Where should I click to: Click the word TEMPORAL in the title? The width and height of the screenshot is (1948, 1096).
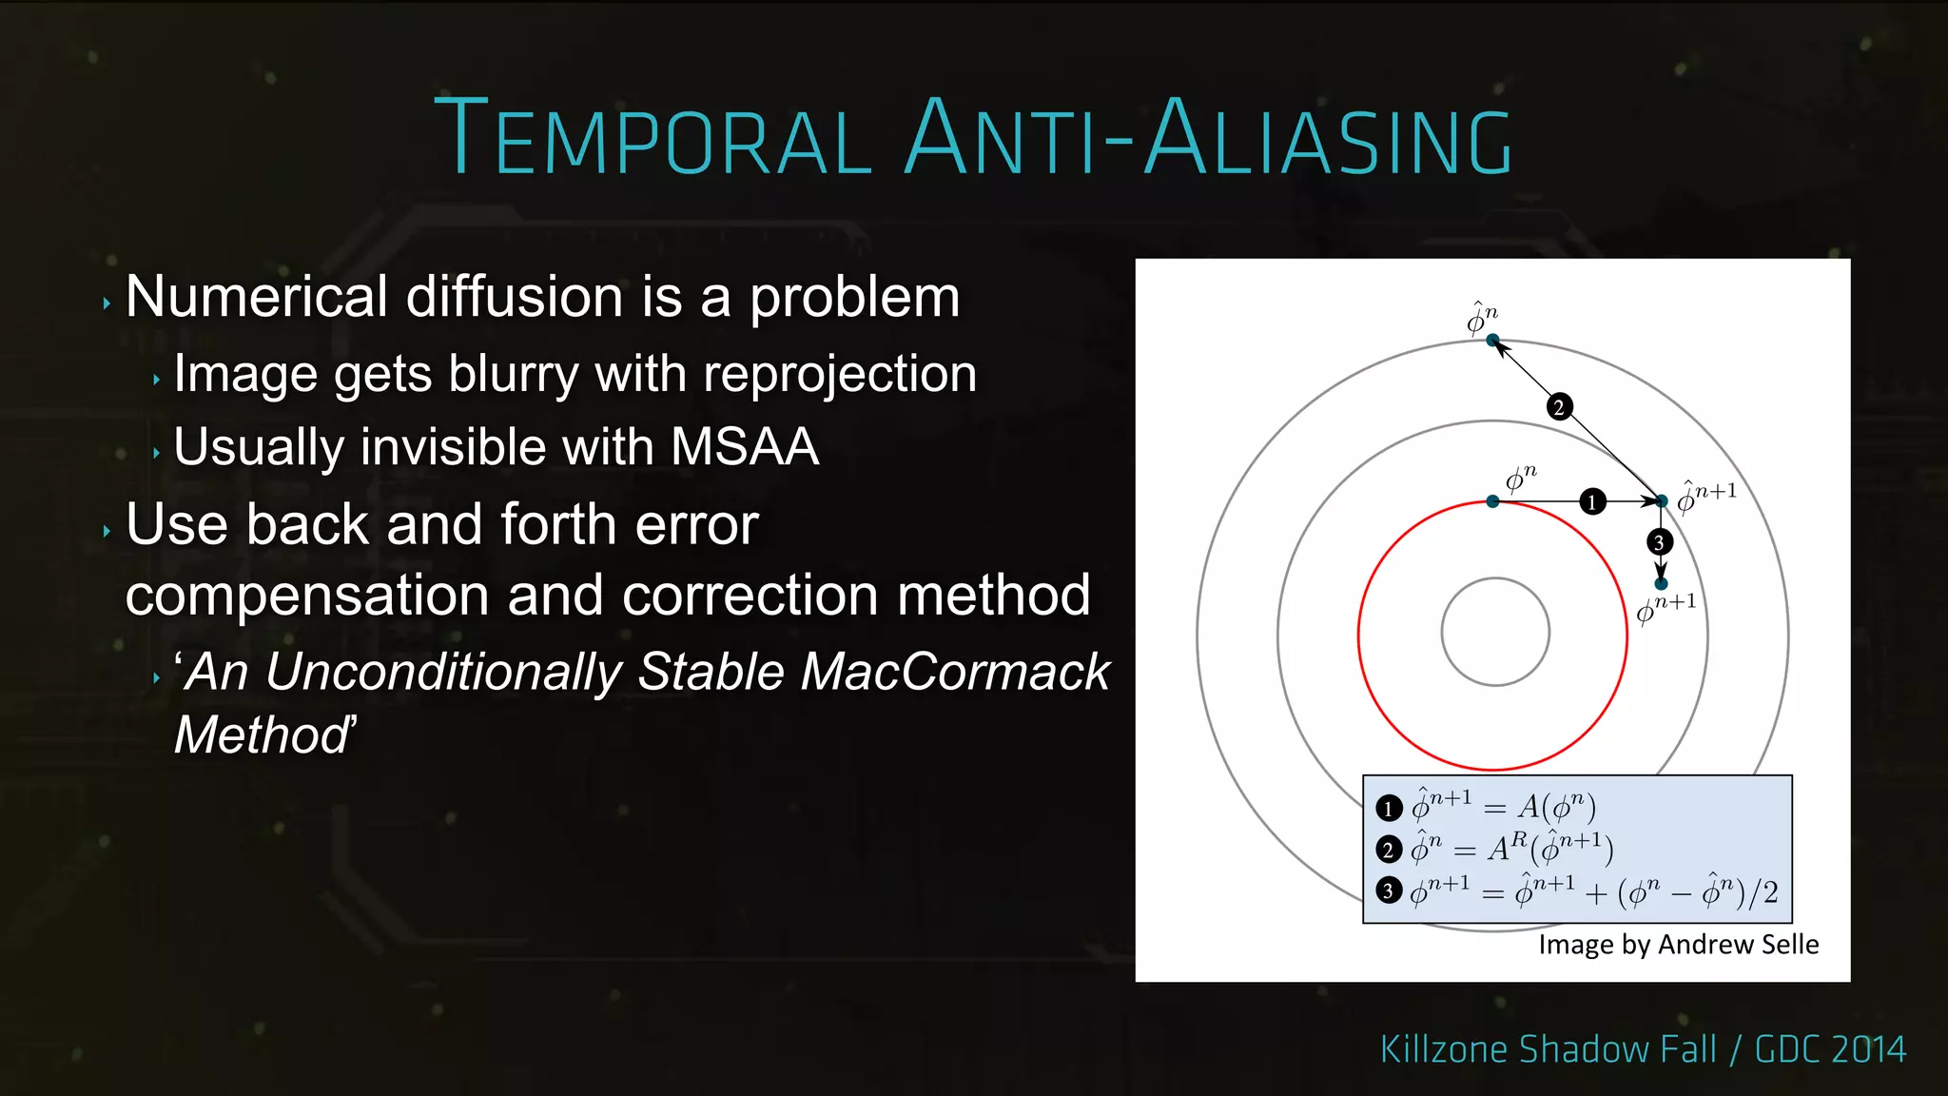[x=653, y=139]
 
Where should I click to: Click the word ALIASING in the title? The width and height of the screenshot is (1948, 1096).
[x=1328, y=139]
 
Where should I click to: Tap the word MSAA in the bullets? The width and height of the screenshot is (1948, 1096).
[x=744, y=446]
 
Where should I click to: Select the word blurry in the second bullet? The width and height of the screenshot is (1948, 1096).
[x=514, y=374]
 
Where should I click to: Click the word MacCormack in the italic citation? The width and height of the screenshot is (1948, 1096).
[x=955, y=672]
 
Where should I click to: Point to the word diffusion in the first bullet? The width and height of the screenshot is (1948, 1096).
[x=515, y=297]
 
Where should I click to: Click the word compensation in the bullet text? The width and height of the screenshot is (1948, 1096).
[x=307, y=596]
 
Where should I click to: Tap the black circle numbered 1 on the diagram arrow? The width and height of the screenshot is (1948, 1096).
[x=1592, y=501]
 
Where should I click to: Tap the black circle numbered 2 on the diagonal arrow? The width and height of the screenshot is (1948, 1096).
[x=1559, y=407]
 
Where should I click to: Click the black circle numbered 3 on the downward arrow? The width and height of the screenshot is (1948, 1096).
[x=1659, y=542]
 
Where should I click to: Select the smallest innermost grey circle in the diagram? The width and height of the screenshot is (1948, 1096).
[x=1495, y=578]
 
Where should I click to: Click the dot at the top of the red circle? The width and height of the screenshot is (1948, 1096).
[x=1492, y=501]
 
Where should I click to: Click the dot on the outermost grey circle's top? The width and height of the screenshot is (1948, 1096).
[x=1492, y=340]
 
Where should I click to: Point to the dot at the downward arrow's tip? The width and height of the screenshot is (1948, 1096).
[x=1661, y=583]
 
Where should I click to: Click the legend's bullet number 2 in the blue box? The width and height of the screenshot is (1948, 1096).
[x=1389, y=849]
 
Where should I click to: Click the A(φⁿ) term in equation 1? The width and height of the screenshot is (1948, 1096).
[x=1556, y=808]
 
